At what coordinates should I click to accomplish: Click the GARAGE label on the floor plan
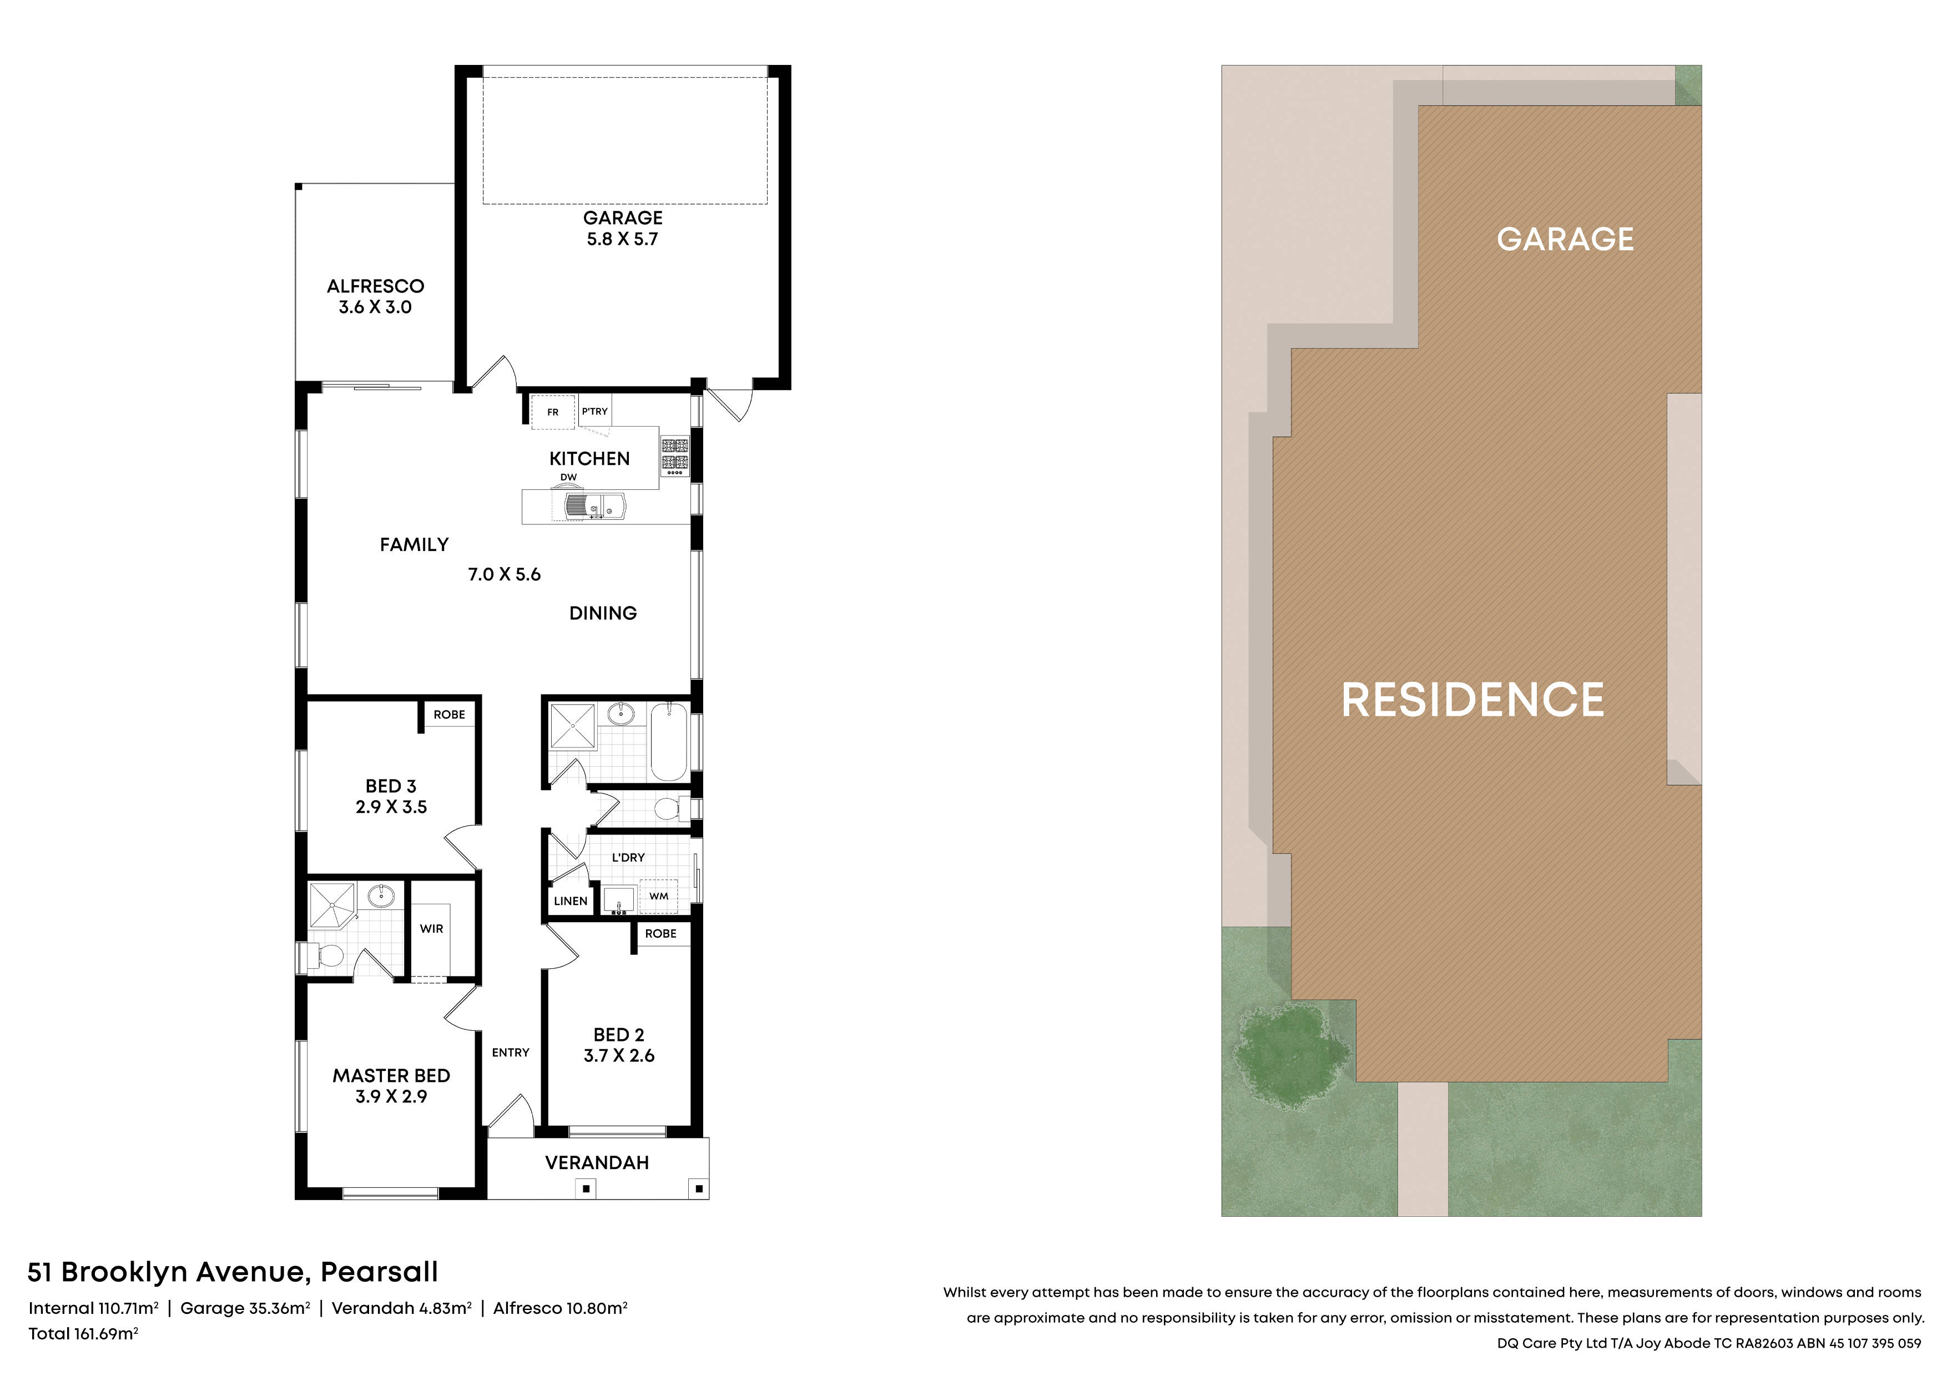pyautogui.click(x=622, y=218)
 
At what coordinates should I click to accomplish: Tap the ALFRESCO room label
pyautogui.click(x=376, y=286)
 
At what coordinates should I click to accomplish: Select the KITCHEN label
pyautogui.click(x=589, y=459)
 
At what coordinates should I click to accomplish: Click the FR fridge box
pyautogui.click(x=553, y=413)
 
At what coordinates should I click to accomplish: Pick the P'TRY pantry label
pyautogui.click(x=594, y=411)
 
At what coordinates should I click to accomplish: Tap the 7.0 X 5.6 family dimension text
pyautogui.click(x=505, y=575)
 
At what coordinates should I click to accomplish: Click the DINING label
pyautogui.click(x=603, y=613)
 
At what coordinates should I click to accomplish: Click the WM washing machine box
pyautogui.click(x=659, y=896)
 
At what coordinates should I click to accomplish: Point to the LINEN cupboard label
pyautogui.click(x=571, y=901)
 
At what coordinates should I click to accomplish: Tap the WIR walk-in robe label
pyautogui.click(x=432, y=928)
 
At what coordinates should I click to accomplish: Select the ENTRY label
pyautogui.click(x=511, y=1052)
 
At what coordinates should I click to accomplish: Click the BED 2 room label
pyautogui.click(x=619, y=1035)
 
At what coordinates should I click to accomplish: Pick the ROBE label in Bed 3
pyautogui.click(x=450, y=715)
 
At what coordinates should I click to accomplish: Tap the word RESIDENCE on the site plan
pyautogui.click(x=1473, y=700)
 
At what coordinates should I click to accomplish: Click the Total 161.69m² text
pyautogui.click(x=83, y=1334)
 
